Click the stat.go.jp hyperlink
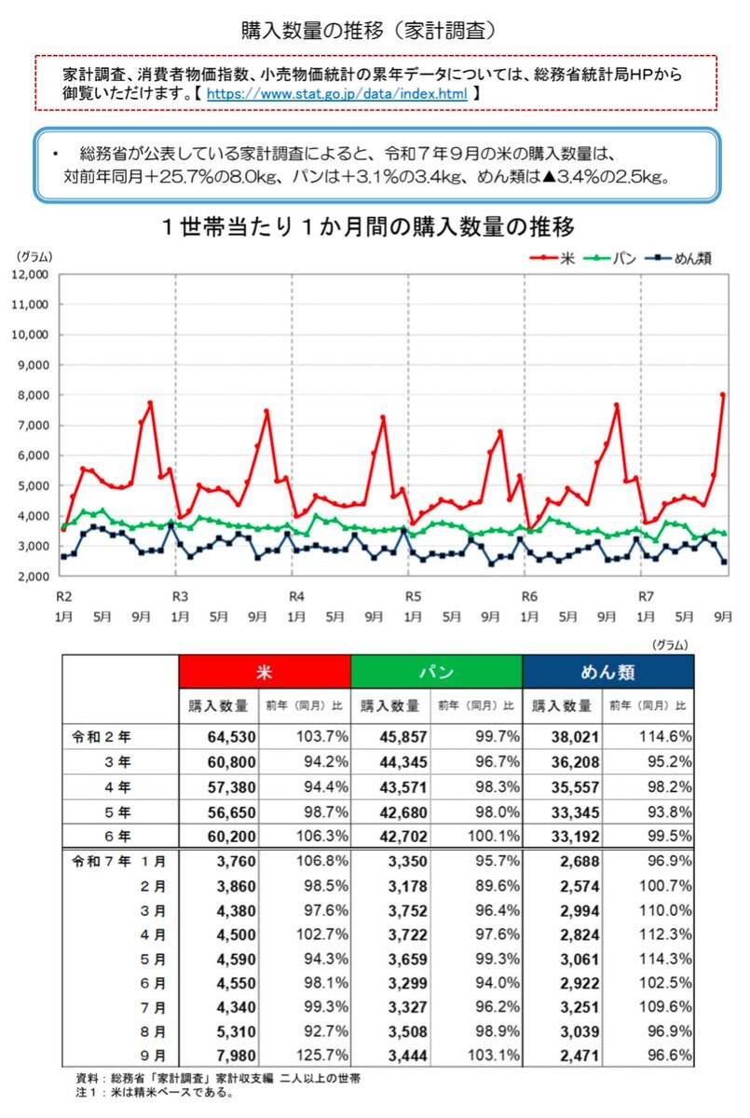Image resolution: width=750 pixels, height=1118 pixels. click(x=335, y=95)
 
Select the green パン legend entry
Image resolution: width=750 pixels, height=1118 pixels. click(x=616, y=258)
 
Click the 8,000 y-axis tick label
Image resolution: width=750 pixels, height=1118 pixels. click(x=34, y=396)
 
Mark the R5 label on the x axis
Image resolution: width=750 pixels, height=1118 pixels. click(x=411, y=596)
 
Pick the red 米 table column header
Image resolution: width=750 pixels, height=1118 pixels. click(x=265, y=672)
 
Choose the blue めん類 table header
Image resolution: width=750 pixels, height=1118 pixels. click(x=607, y=672)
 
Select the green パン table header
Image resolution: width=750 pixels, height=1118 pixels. click(x=436, y=672)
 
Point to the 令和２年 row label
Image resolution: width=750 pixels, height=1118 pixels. click(x=104, y=736)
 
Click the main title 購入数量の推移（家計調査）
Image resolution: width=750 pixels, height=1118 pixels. click(x=375, y=30)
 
